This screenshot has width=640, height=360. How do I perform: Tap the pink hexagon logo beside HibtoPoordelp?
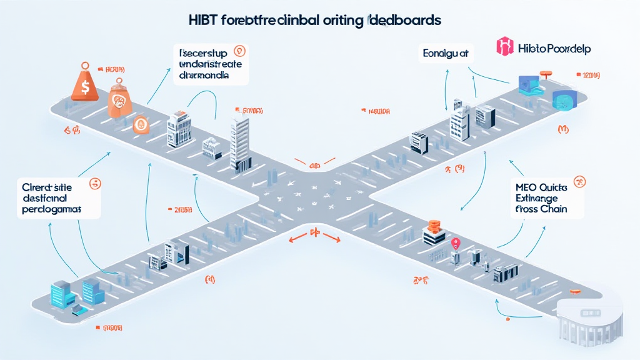tap(504, 46)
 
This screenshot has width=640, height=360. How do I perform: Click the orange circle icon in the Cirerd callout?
tap(95, 184)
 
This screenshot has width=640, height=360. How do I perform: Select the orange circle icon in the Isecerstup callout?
tap(238, 51)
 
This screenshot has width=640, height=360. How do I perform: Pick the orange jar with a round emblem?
tap(118, 101)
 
